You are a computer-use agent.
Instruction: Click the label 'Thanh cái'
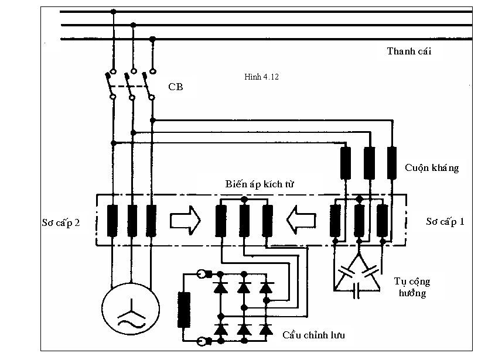409,51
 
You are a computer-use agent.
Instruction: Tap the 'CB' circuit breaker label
175,87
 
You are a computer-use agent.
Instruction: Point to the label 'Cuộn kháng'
431,167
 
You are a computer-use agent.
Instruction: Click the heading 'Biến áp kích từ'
260,184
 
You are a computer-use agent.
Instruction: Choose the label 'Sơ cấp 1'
445,222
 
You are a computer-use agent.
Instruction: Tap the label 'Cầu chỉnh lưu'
313,335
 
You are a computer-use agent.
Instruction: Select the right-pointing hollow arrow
185,221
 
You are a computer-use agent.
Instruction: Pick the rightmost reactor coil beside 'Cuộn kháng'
392,163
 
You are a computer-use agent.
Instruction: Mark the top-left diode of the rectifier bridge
221,288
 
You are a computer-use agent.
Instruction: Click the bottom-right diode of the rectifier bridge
266,329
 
